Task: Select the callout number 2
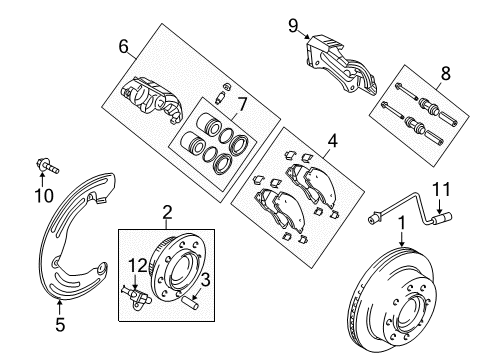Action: pos(167,211)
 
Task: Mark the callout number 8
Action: pos(447,71)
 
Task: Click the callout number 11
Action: pos(442,188)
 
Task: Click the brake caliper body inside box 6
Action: pos(150,103)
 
